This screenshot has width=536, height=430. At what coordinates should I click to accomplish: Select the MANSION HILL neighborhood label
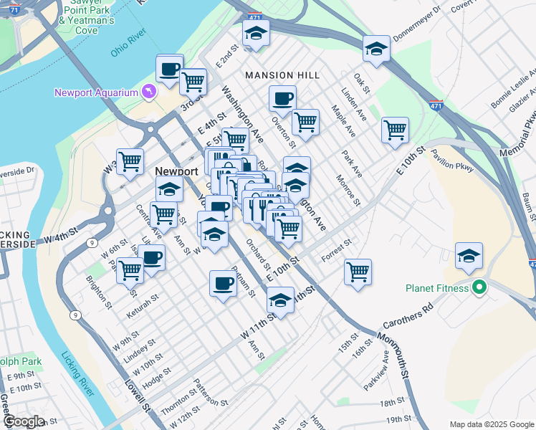click(279, 75)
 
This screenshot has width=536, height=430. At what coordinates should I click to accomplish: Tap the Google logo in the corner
click(23, 421)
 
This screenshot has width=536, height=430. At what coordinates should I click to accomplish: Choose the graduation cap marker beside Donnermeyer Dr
click(376, 48)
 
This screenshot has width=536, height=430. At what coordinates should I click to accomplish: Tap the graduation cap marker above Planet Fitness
click(469, 255)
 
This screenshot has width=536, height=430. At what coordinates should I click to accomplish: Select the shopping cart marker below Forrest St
click(358, 272)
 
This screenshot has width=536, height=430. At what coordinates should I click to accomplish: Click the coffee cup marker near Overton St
click(282, 98)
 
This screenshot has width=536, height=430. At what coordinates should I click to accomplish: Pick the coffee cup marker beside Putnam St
click(223, 284)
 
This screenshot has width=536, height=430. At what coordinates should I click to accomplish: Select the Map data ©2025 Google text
click(491, 424)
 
